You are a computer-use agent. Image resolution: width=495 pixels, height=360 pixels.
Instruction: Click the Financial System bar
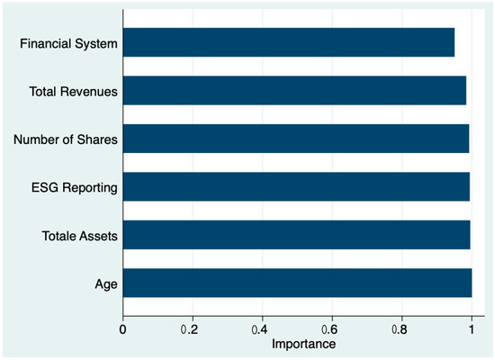[x=288, y=41]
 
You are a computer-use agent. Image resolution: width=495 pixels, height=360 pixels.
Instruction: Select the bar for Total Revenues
[x=294, y=90]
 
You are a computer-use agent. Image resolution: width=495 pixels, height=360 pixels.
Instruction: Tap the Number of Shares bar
[x=295, y=139]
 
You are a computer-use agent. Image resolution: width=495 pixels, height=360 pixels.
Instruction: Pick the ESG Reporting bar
[x=296, y=187]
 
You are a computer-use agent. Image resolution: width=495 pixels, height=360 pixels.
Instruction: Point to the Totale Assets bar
[x=296, y=237]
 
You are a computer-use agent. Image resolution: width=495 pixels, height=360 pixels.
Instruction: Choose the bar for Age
[x=297, y=285]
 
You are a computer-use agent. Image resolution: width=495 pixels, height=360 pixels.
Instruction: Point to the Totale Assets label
[x=78, y=237]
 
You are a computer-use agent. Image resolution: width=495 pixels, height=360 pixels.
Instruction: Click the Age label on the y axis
[x=104, y=285]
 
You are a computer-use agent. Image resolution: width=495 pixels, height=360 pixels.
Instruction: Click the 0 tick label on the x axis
[x=123, y=329]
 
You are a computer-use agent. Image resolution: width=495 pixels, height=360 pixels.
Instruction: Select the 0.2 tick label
[x=193, y=329]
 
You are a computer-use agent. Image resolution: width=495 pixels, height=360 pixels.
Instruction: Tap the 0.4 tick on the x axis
[x=263, y=329]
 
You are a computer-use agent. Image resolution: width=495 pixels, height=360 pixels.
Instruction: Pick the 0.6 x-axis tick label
[x=332, y=329]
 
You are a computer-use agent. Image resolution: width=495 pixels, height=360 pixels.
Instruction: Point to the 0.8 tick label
[x=402, y=329]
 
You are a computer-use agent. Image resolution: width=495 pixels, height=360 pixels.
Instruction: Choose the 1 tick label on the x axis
[x=472, y=329]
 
